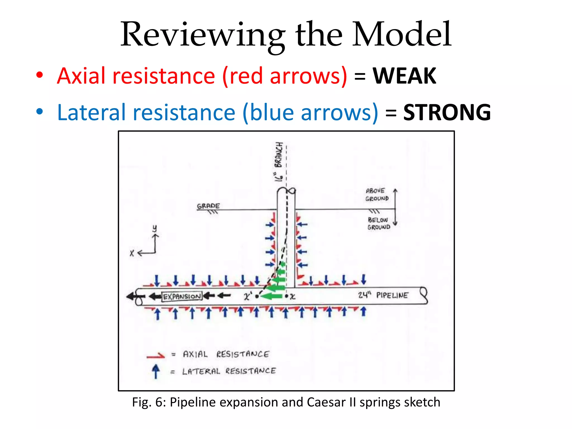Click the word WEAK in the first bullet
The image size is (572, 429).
click(x=404, y=76)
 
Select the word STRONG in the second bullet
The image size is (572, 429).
click(x=447, y=113)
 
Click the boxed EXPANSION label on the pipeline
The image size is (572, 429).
click(x=182, y=296)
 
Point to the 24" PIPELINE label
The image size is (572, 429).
click(x=383, y=295)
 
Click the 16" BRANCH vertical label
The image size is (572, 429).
click(x=279, y=162)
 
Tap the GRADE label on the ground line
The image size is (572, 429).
click(x=208, y=206)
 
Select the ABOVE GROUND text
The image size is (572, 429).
click(x=376, y=195)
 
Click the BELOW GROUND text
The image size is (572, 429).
click(x=378, y=223)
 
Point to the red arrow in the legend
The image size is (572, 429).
click(x=156, y=356)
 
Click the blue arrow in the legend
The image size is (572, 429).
click(x=156, y=371)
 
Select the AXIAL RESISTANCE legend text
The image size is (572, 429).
click(x=226, y=354)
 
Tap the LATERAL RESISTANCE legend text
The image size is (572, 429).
click(x=229, y=371)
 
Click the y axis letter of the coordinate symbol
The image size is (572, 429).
click(x=154, y=228)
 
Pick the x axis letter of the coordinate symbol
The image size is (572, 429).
click(x=132, y=253)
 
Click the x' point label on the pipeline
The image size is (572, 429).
click(x=247, y=296)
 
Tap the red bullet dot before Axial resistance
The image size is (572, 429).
click(x=40, y=75)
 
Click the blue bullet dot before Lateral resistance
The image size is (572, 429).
click(x=40, y=112)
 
